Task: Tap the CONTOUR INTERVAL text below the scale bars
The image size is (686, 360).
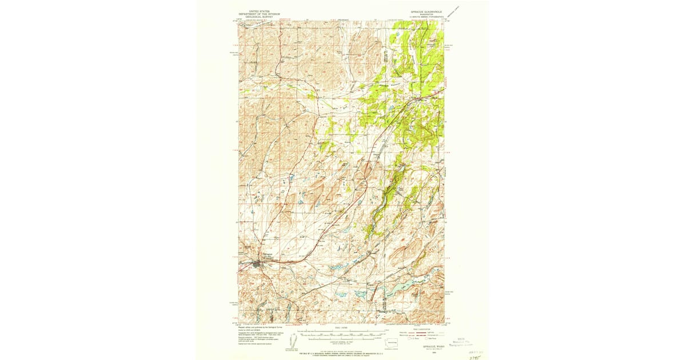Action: point(341,342)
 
